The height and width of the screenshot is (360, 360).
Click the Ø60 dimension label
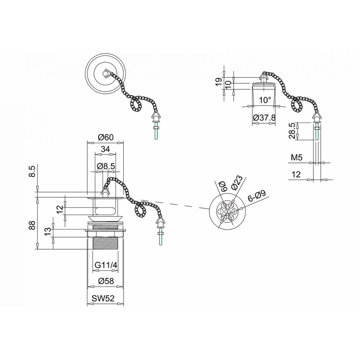point(105,137)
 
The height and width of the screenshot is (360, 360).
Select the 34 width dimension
point(105,149)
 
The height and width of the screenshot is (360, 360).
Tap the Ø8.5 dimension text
point(106,166)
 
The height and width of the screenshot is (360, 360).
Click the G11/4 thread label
point(106,265)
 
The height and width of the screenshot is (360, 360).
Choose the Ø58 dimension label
point(105,281)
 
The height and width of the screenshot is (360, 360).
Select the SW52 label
point(103,298)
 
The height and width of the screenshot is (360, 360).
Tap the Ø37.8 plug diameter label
point(264,118)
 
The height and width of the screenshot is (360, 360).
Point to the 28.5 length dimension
point(292,131)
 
